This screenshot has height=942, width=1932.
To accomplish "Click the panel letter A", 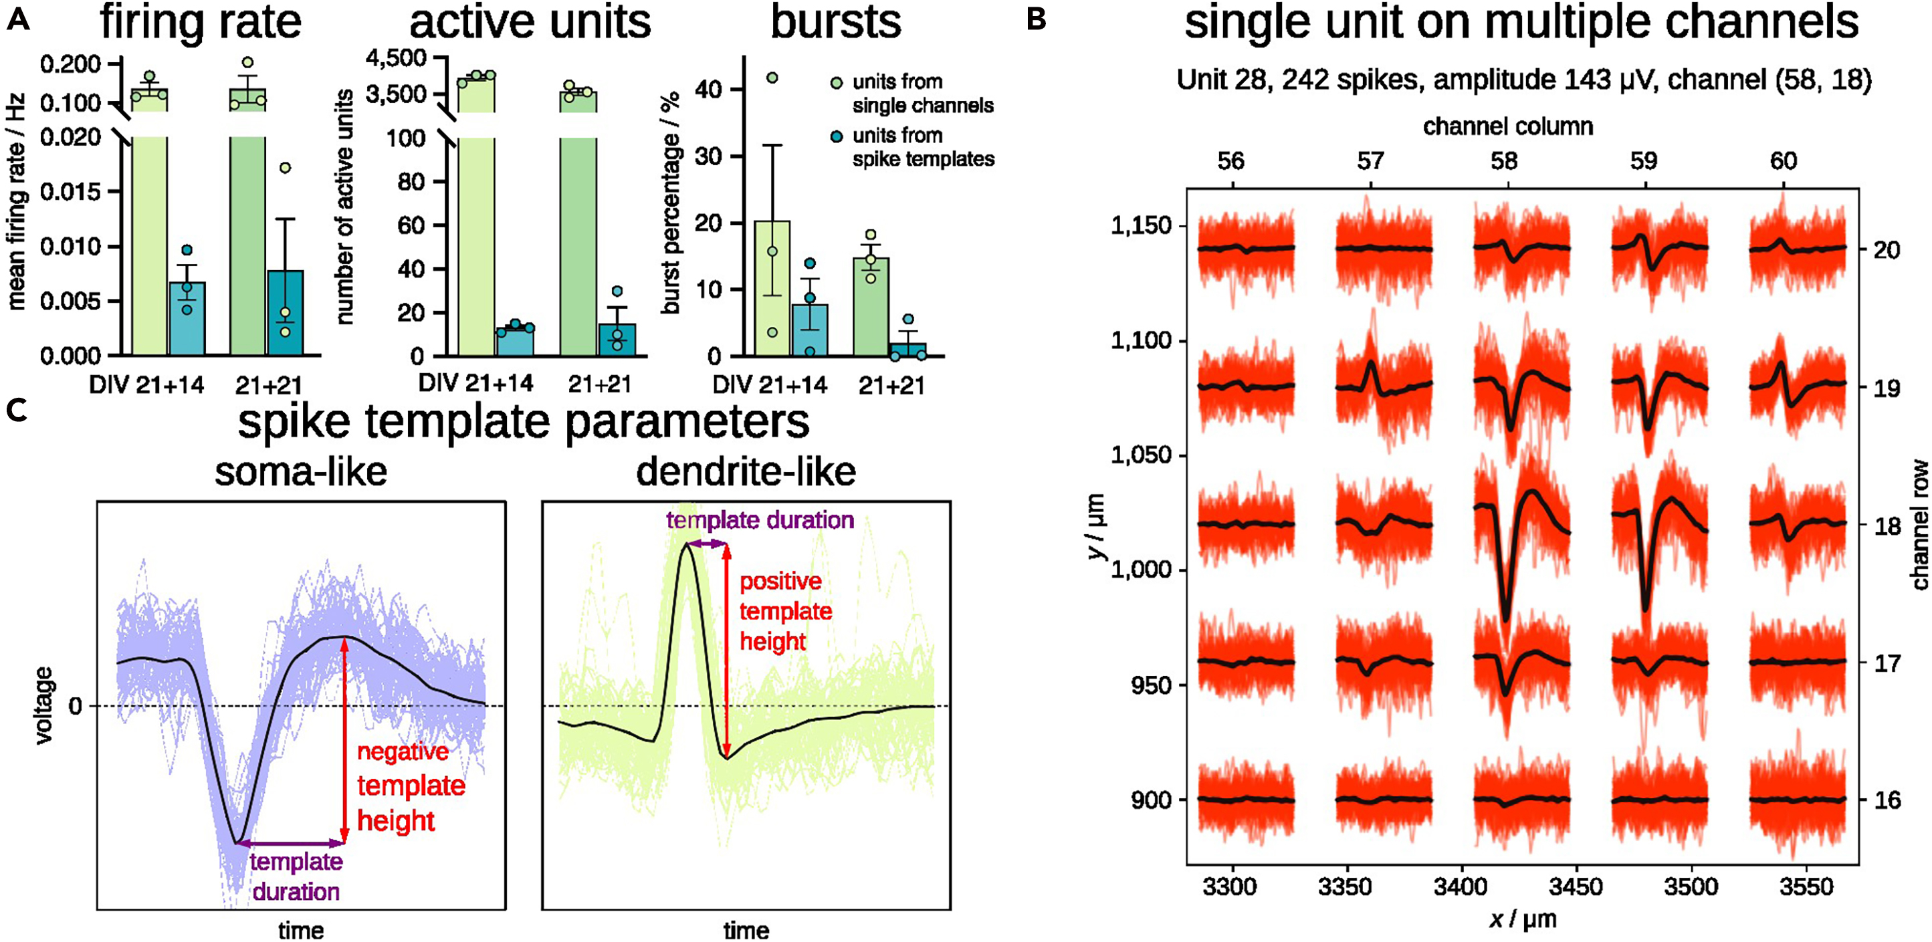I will pos(17,20).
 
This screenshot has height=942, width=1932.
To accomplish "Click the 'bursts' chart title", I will pos(835,23).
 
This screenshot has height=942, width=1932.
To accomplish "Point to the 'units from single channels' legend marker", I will pos(837,82).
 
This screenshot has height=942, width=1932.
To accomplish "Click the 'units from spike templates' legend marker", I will pos(837,136).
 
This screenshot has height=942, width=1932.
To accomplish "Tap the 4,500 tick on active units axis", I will pos(395,57).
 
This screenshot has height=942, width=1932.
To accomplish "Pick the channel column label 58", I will pos(1504,161).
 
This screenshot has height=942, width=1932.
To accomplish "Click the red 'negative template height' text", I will pos(410,786).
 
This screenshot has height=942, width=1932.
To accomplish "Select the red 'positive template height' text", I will pos(785,611).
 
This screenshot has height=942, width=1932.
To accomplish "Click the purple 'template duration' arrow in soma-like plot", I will pos(290,843).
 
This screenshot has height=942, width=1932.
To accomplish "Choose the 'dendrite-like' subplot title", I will pos(746,473).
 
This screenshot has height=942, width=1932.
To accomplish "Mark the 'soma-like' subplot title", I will pos(301,473).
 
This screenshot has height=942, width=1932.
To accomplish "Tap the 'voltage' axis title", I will pos(44,705).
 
